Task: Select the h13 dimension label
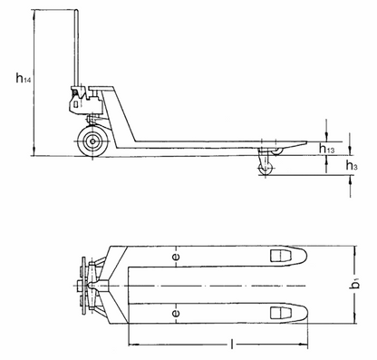tap(328, 149)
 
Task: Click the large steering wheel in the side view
tap(92, 141)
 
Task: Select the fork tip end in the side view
tap(304, 148)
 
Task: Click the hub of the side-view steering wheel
tap(92, 141)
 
